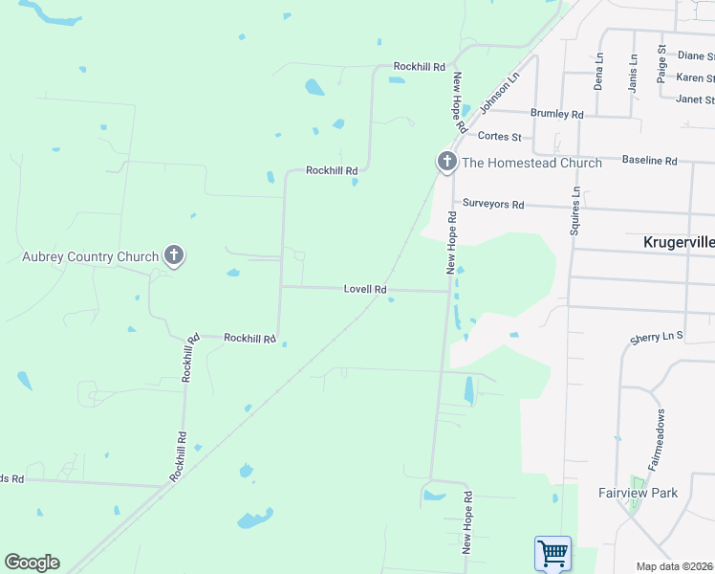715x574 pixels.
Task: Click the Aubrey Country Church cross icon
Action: click(173, 255)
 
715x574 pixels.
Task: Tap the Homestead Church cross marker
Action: click(446, 163)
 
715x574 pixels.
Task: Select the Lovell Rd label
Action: click(366, 289)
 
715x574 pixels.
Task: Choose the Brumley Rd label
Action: click(556, 114)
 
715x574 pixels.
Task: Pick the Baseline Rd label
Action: click(649, 161)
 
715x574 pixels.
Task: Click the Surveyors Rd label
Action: click(493, 204)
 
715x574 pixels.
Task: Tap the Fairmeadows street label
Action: click(658, 438)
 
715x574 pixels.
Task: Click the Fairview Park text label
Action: click(638, 493)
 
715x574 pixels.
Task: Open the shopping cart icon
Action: click(552, 553)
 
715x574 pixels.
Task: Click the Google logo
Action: click(32, 562)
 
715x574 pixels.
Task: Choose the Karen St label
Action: click(695, 77)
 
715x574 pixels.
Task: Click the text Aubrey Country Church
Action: click(90, 256)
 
